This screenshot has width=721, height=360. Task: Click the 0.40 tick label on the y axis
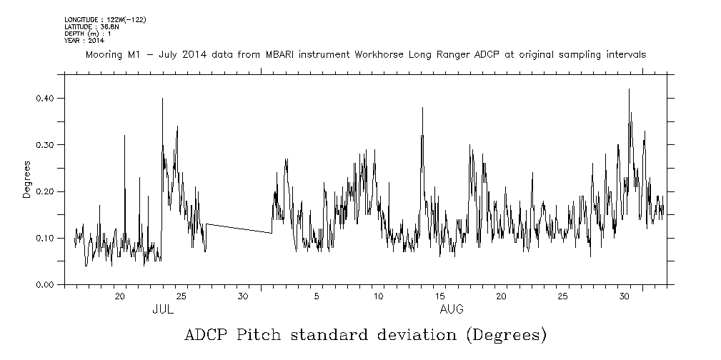[x=45, y=98]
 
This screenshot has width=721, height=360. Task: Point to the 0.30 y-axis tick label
[x=45, y=144]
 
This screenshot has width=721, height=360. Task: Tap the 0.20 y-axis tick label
[x=45, y=191]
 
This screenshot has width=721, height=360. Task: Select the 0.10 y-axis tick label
[x=45, y=238]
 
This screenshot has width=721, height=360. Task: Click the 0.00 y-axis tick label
[x=45, y=285]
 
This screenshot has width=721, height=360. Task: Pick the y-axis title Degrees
[x=26, y=180]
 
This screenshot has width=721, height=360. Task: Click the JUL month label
[x=163, y=309]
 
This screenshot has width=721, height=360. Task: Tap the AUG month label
[x=452, y=309]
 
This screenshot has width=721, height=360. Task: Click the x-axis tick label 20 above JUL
[x=121, y=296]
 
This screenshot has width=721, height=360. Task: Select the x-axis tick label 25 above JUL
[x=182, y=296]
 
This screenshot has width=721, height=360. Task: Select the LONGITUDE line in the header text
[x=105, y=19]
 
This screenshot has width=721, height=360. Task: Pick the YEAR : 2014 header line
[x=84, y=40]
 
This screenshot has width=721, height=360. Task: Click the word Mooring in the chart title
[x=106, y=54]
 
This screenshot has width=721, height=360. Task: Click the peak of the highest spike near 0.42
[x=629, y=89]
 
